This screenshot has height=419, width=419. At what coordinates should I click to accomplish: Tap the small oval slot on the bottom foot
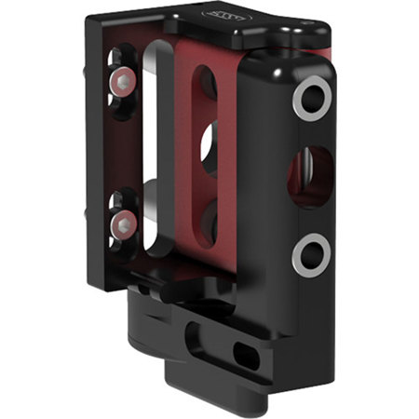[x=249, y=353]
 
